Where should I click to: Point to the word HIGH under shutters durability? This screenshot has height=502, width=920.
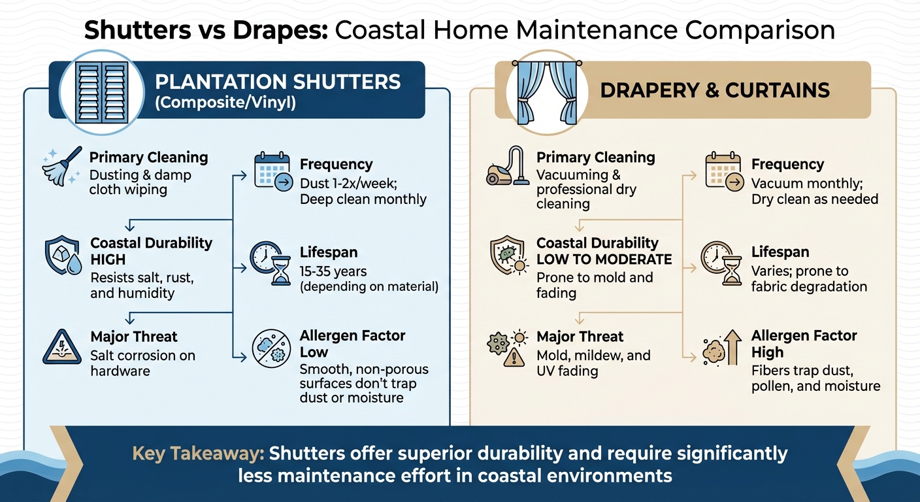[x=108, y=259]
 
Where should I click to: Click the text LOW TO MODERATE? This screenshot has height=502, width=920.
[x=604, y=259]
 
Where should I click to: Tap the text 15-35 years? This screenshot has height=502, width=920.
[x=333, y=271]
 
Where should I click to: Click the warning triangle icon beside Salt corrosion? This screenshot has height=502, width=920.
[x=62, y=348]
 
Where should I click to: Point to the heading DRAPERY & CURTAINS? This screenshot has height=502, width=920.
[x=714, y=90]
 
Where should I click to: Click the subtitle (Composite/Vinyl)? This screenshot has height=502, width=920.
[x=225, y=103]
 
